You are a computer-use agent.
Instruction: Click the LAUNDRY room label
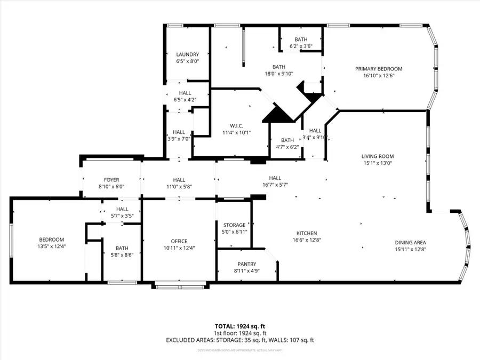187,54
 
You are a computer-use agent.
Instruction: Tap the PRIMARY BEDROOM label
379,69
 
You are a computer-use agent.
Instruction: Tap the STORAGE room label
234,225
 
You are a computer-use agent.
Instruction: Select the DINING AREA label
410,242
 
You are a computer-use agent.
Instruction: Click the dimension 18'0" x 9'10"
279,74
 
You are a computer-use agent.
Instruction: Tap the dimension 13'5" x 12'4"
52,246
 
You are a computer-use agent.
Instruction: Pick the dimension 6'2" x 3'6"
301,46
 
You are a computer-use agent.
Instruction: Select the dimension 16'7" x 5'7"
275,185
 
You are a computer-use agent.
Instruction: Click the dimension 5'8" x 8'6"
122,254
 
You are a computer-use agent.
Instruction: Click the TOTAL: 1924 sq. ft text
240,325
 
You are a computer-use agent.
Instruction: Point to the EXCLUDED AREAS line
240,340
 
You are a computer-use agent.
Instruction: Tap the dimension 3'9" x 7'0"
179,139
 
